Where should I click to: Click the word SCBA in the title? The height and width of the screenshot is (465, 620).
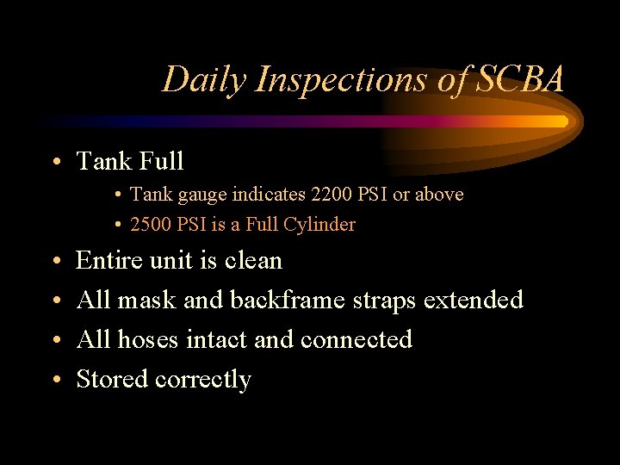pos(522,80)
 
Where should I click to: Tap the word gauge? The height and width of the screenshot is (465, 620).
pos(198,195)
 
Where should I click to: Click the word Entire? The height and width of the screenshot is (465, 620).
pos(108,260)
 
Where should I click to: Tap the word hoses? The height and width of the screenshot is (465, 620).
pos(148,339)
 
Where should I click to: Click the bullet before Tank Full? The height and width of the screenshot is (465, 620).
pos(54,162)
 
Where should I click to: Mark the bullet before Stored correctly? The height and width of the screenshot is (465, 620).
pos(54,381)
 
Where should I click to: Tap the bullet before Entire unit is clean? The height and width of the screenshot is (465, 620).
pos(54,262)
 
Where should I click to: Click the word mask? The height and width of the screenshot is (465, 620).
pos(146,300)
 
